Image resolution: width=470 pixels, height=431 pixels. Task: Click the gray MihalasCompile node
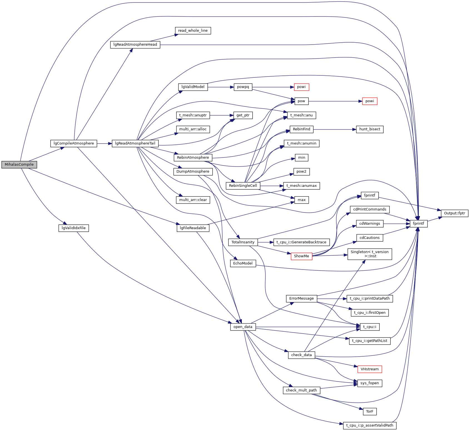point(19,165)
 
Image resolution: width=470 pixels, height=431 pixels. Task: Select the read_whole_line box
point(193,31)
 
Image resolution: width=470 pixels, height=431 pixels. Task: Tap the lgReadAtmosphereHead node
point(135,45)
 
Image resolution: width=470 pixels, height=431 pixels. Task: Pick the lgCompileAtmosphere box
point(74,143)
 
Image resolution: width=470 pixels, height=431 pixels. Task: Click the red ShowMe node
point(301,256)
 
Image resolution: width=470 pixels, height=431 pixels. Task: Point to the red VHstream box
point(369,369)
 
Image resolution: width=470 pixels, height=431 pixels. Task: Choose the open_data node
point(243,327)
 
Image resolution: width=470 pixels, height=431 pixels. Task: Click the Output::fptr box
point(454,213)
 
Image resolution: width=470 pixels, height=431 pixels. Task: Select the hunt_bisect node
point(369,129)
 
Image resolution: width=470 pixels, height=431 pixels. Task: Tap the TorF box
point(369,412)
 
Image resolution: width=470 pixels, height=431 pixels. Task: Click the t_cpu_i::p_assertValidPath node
point(370,425)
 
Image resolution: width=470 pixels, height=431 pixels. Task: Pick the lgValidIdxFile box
point(74,228)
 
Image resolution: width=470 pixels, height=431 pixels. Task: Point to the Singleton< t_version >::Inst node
point(369,254)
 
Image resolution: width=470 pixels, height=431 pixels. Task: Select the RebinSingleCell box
point(243,186)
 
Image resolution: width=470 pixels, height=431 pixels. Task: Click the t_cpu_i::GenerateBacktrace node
point(301,242)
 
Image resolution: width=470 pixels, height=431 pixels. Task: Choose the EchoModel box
point(243,263)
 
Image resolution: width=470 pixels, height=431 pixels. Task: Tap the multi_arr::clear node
point(193,200)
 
